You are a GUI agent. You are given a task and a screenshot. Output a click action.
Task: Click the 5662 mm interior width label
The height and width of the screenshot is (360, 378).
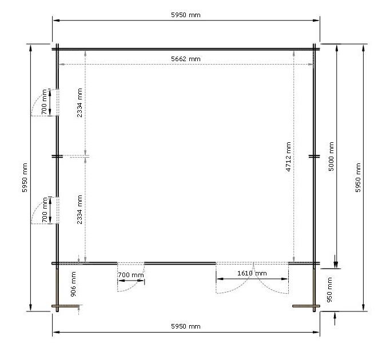(186, 59)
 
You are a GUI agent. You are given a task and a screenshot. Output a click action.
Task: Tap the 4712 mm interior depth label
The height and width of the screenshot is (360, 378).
(288, 157)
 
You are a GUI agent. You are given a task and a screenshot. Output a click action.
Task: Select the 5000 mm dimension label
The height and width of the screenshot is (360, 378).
(331, 157)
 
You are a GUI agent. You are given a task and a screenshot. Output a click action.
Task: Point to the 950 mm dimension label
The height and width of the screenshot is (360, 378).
(329, 290)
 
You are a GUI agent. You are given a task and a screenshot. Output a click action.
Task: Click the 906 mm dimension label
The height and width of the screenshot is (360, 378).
(73, 284)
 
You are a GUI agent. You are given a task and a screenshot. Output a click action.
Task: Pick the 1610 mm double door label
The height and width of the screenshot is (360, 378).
(252, 273)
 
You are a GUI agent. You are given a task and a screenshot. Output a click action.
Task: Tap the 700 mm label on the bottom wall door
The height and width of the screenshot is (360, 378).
(130, 275)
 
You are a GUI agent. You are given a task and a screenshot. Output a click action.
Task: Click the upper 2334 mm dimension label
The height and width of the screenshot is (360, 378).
(79, 103)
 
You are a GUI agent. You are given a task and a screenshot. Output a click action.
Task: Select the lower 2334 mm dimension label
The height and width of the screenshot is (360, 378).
(79, 209)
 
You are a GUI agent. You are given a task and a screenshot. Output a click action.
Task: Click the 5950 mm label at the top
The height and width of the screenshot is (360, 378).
(186, 15)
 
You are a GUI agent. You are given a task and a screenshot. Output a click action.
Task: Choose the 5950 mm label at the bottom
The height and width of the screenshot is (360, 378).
(186, 326)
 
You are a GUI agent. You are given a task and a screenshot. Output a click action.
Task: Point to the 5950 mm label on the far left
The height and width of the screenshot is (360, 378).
(25, 178)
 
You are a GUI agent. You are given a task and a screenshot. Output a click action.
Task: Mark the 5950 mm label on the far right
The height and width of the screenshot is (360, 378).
(358, 178)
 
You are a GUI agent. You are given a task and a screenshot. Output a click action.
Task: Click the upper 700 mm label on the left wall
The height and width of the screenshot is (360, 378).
(44, 102)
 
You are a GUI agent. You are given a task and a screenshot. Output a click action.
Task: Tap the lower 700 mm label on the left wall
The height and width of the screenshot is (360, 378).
(45, 210)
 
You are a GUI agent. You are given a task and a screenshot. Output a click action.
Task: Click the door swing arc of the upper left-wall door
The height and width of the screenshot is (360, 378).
(38, 97)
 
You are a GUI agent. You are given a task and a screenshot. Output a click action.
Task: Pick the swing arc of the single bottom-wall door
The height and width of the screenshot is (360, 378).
(137, 284)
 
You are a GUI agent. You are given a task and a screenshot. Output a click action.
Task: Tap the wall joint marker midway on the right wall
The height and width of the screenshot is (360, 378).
(314, 157)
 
